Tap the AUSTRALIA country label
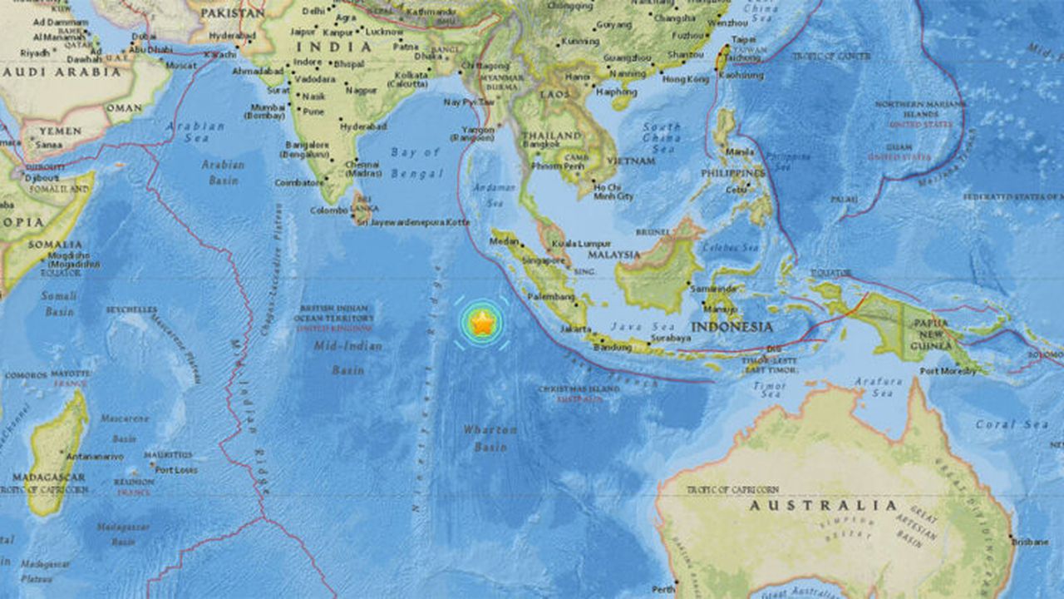pyautogui.click(x=824, y=505)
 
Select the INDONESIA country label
pyautogui.click(x=732, y=327)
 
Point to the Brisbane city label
pyautogui.click(x=1030, y=542)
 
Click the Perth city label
pyautogui.click(x=663, y=589)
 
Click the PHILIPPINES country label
pyautogui.click(x=732, y=173)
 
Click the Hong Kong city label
pyautogui.click(x=686, y=79)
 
